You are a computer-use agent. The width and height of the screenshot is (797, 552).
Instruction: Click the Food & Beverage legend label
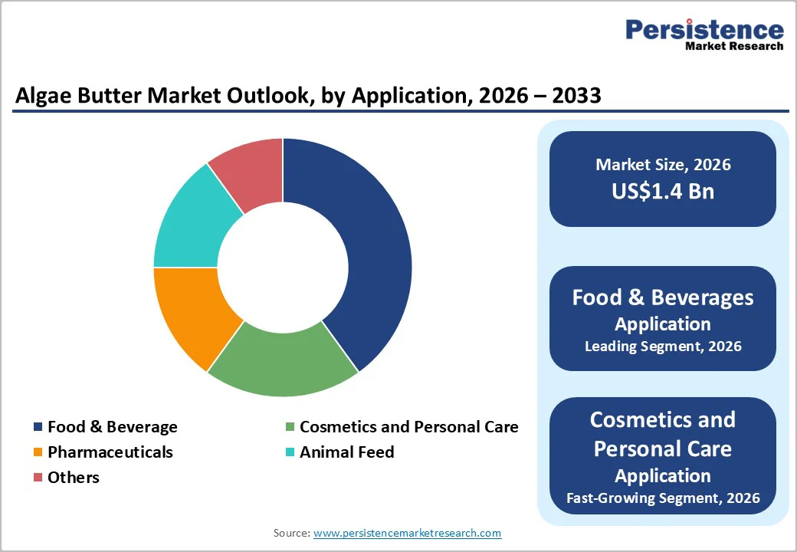pyautogui.click(x=112, y=427)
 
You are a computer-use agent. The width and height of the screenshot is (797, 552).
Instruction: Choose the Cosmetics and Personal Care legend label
pyautogui.click(x=408, y=427)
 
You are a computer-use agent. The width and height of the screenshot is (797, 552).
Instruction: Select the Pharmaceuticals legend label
pyautogui.click(x=110, y=452)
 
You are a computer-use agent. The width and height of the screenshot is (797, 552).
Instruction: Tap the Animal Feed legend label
pyautogui.click(x=346, y=452)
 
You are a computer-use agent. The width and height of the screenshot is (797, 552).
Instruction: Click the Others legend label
pyautogui.click(x=74, y=478)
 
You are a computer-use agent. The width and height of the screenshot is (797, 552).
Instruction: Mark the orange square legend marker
pyautogui.click(x=38, y=452)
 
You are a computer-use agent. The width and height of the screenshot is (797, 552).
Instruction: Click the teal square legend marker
pyautogui.click(x=290, y=452)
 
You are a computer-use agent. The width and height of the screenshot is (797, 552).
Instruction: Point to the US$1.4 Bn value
pyautogui.click(x=663, y=191)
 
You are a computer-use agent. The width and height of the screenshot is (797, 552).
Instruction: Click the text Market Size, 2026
pyautogui.click(x=663, y=164)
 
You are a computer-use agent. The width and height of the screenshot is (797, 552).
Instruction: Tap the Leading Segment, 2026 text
pyautogui.click(x=663, y=347)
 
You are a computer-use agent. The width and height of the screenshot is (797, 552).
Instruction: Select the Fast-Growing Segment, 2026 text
pyautogui.click(x=663, y=498)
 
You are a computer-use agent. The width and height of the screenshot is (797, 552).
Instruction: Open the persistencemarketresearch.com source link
pyautogui.click(x=407, y=533)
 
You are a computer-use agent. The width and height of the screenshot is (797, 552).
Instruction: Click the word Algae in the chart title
pyautogui.click(x=41, y=96)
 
